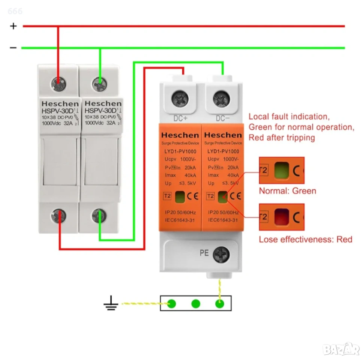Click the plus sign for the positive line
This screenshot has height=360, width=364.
tap(13, 26)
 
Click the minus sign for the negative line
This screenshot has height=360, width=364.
tap(13, 48)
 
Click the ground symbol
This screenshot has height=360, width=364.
tap(111, 304)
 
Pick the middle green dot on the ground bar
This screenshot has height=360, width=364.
tap(195, 303)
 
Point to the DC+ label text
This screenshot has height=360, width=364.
tap(181, 118)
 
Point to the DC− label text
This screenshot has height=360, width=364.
tap(222, 118)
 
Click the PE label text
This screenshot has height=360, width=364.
tap(204, 253)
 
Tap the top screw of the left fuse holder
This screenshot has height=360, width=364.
tap(58, 81)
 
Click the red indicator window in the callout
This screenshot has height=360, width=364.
tap(282, 217)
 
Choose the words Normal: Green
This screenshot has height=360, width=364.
tap(288, 191)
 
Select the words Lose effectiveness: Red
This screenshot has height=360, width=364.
tap(306, 239)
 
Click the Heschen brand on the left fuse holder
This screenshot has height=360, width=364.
tap(60, 103)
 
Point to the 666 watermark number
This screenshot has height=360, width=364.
tap(15, 11)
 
